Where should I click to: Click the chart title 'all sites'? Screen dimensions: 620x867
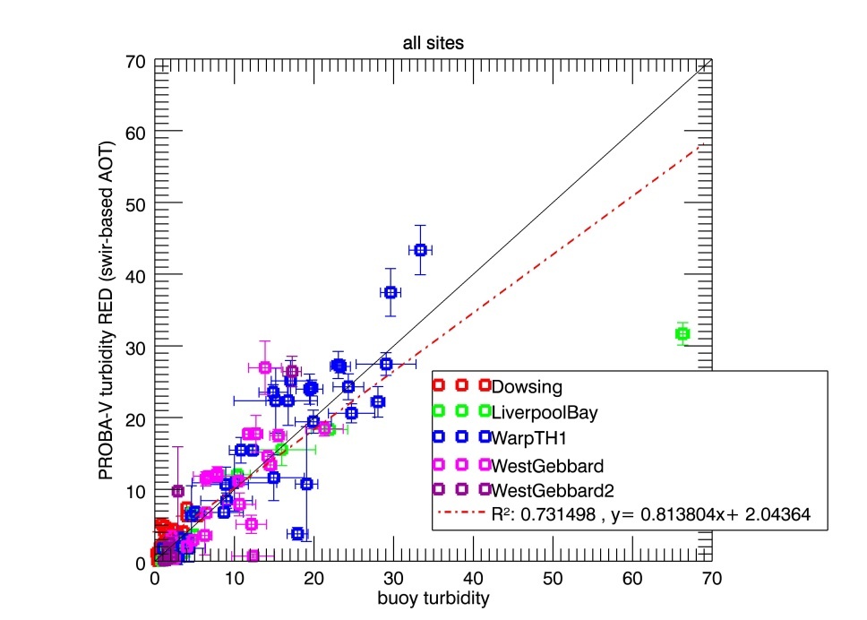[433, 42]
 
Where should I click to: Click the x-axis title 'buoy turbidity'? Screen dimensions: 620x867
[433, 595]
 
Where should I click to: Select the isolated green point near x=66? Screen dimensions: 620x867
[682, 334]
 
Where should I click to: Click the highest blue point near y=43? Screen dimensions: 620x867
[420, 249]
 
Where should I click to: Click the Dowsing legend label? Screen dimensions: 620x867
[527, 387]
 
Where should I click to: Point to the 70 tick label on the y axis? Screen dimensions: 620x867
[136, 62]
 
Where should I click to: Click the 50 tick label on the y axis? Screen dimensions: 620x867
[136, 204]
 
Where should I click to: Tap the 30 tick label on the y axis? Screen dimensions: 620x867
[136, 348]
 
